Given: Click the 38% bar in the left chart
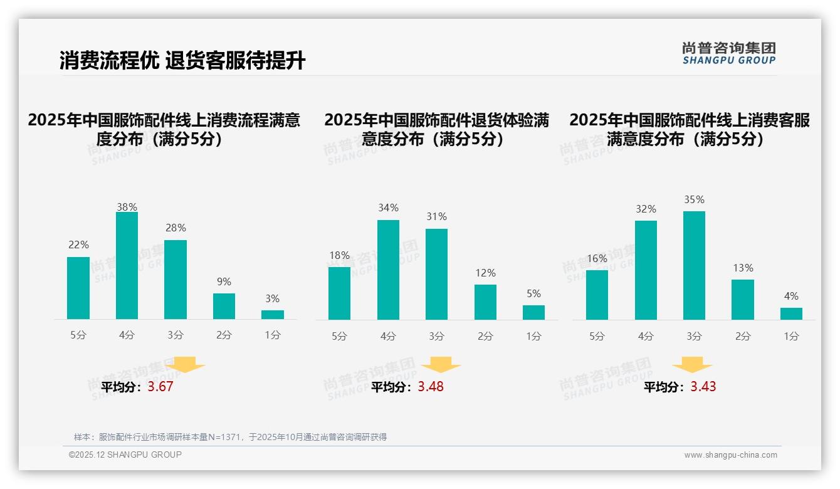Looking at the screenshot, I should (x=127, y=266).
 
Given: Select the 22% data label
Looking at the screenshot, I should (x=78, y=244).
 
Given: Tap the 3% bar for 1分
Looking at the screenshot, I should (x=273, y=315).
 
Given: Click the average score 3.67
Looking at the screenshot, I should (x=160, y=387).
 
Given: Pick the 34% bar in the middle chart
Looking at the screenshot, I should (x=388, y=270).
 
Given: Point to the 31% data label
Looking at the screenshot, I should (x=436, y=217).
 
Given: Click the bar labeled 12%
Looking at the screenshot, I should (x=485, y=302).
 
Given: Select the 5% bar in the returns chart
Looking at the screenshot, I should (x=533, y=312).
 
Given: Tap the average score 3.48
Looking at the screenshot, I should (x=431, y=387).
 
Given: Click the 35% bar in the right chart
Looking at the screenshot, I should (x=694, y=265).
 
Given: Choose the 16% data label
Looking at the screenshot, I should (x=597, y=258).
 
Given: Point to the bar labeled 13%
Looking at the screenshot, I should (x=743, y=300).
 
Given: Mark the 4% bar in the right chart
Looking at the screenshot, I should (x=791, y=313).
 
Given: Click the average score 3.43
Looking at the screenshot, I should (x=703, y=387).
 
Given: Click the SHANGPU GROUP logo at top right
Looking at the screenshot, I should (x=729, y=53).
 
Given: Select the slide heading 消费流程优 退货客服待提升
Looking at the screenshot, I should (x=182, y=60).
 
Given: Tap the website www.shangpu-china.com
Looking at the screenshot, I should (x=730, y=455).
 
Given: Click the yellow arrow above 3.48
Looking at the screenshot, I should (x=441, y=365).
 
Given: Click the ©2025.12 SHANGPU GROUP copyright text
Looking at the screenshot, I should (x=125, y=455).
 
